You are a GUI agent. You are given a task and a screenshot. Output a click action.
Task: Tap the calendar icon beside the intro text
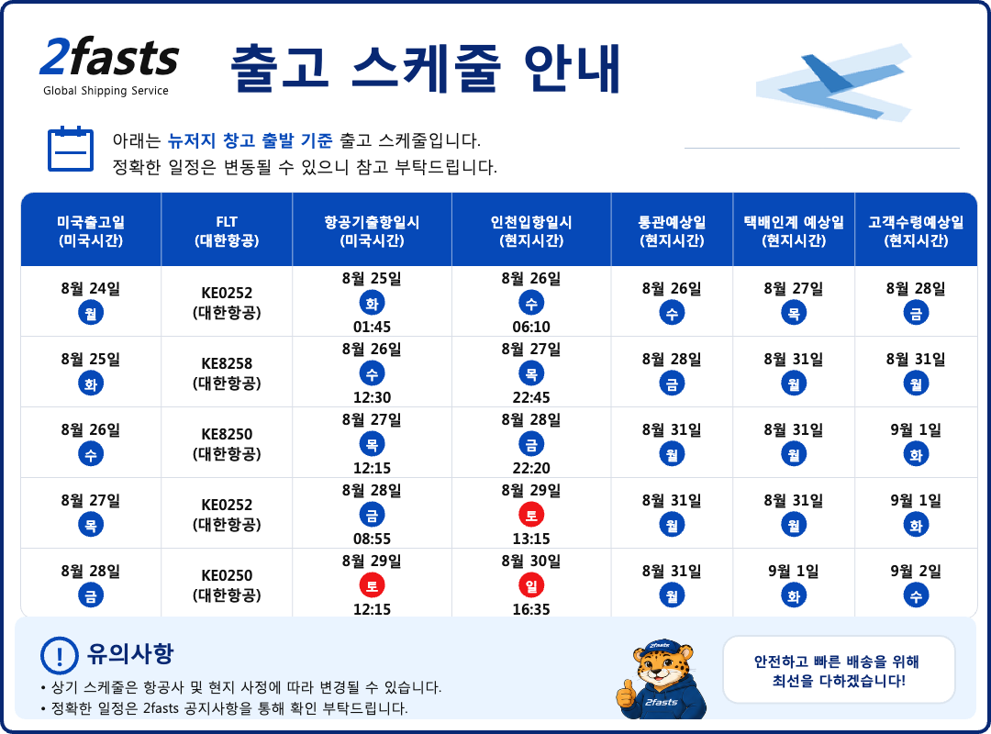71,150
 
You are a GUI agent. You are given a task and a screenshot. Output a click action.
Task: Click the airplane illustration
834,82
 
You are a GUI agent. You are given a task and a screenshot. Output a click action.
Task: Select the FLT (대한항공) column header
227,231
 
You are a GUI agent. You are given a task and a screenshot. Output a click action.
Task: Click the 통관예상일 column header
672,231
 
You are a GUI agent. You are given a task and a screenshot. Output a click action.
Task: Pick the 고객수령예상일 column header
916,231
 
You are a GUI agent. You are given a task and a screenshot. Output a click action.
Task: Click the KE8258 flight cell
227,373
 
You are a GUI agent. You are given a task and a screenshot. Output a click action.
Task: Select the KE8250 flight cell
227,444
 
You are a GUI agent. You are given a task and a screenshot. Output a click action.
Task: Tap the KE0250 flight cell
227,585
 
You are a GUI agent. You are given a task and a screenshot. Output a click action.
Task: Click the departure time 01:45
372,327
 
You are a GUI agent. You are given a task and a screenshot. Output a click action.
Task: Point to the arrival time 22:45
531,397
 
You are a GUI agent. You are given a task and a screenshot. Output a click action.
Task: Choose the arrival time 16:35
531,609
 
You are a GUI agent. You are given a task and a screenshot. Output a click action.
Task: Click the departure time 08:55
372,539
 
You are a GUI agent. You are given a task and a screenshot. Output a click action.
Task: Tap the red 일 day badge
531,586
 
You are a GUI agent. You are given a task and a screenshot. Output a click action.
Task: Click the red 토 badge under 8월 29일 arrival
531,516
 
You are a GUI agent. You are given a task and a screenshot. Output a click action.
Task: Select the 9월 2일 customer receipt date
916,572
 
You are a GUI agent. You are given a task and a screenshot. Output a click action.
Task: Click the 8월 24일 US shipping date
90,288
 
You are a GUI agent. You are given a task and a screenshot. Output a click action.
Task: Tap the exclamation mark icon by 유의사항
60,656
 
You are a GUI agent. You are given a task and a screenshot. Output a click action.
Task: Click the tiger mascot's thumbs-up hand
625,695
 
